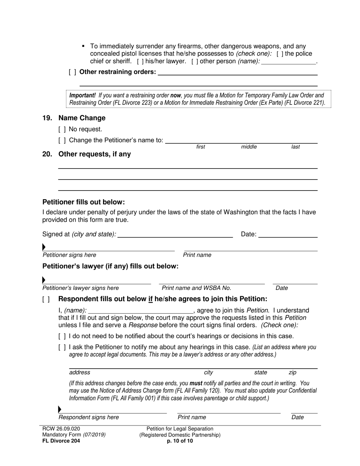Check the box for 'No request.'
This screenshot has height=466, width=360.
pos(62,129)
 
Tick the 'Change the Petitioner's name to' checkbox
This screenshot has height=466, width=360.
pos(62,141)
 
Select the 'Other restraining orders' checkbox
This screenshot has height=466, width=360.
pos(72,72)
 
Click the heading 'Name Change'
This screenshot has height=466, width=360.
pos(82,118)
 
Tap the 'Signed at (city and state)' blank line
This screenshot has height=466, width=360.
pos(175,235)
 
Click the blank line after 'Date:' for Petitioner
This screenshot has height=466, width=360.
pos(288,235)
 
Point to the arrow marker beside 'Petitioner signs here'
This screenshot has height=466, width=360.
pos(44,247)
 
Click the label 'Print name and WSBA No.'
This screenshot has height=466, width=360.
pos(196,288)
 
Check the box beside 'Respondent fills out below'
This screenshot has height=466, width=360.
pos(46,299)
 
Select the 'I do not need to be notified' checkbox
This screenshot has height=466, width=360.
pos(62,336)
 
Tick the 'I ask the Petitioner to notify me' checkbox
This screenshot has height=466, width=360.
pos(62,347)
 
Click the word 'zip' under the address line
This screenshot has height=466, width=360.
pos(293,372)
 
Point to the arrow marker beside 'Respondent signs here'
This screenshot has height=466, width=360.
pos(59,410)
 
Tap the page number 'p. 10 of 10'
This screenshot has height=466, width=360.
pos(180,441)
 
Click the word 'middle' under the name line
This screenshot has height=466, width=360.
pos(249,147)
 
